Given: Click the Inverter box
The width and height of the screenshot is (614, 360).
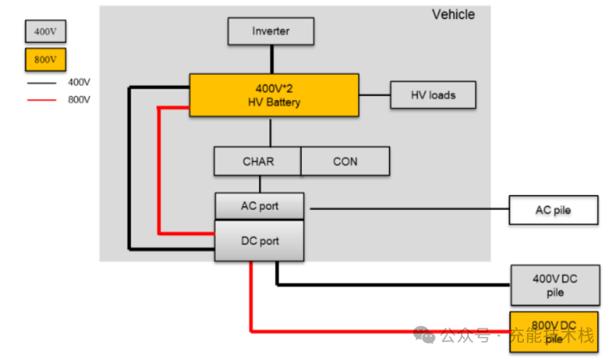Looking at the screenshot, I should (x=271, y=31).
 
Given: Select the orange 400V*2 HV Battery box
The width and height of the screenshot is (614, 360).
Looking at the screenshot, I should (x=274, y=95).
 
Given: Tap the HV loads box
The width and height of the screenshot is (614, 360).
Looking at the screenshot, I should (x=433, y=95).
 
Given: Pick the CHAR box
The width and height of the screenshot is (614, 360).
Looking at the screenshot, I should (x=258, y=161).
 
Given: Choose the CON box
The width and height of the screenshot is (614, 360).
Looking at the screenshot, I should (x=345, y=161).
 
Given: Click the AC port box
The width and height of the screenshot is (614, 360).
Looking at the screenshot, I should (x=259, y=206).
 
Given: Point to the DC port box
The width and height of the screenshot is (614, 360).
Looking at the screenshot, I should (x=259, y=242).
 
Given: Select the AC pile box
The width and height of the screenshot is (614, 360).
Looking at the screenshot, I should (x=554, y=210).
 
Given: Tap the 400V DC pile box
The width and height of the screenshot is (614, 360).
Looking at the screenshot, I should (x=555, y=285).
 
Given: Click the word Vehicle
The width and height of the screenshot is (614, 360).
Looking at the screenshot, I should (x=453, y=15).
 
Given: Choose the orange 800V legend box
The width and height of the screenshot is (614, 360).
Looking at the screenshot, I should (x=45, y=60).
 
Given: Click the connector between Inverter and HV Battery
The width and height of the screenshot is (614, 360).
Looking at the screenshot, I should (x=271, y=59).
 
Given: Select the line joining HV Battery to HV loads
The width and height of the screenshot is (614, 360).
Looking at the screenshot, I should (x=374, y=95).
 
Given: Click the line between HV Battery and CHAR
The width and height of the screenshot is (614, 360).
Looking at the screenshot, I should (x=271, y=131).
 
